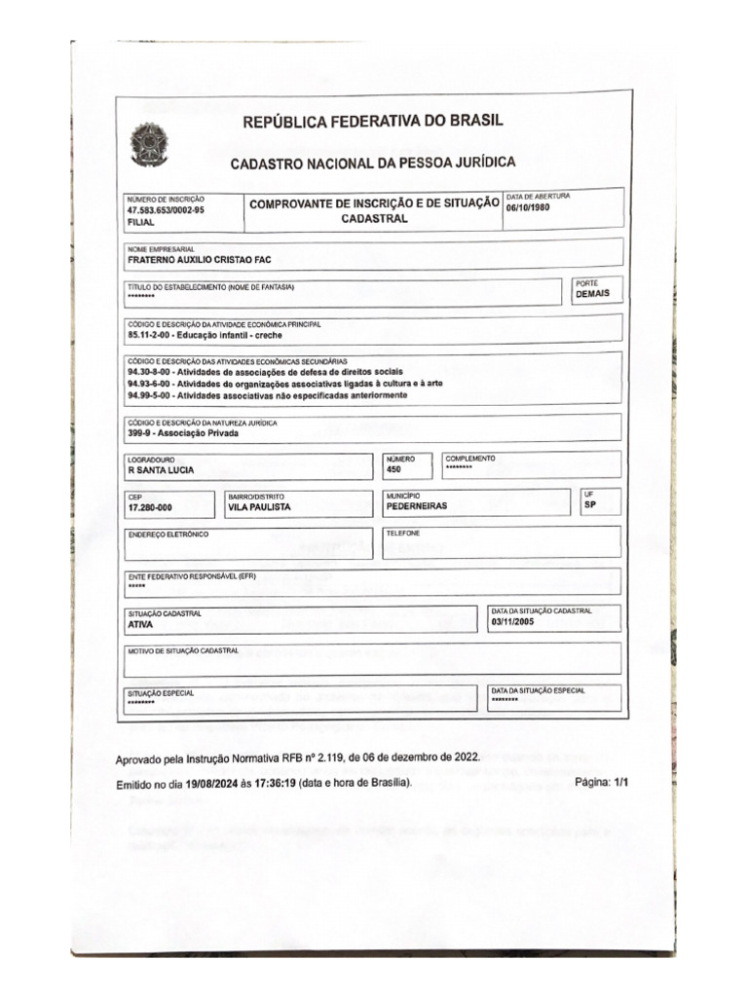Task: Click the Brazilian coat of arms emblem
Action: coord(149,146)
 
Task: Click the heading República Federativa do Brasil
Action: coord(373,122)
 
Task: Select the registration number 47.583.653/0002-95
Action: coord(166,209)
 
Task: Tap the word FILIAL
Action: coord(141,222)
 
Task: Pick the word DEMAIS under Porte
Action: coord(593,293)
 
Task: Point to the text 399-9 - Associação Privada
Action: coord(183,434)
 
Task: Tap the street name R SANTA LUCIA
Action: coord(161,470)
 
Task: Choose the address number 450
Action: coord(394,469)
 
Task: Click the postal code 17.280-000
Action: coord(150,507)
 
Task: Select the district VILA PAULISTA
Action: coord(259,507)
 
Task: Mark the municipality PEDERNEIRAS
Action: coord(417,506)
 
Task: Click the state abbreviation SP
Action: coord(590,506)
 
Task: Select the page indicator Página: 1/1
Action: coord(603,783)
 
